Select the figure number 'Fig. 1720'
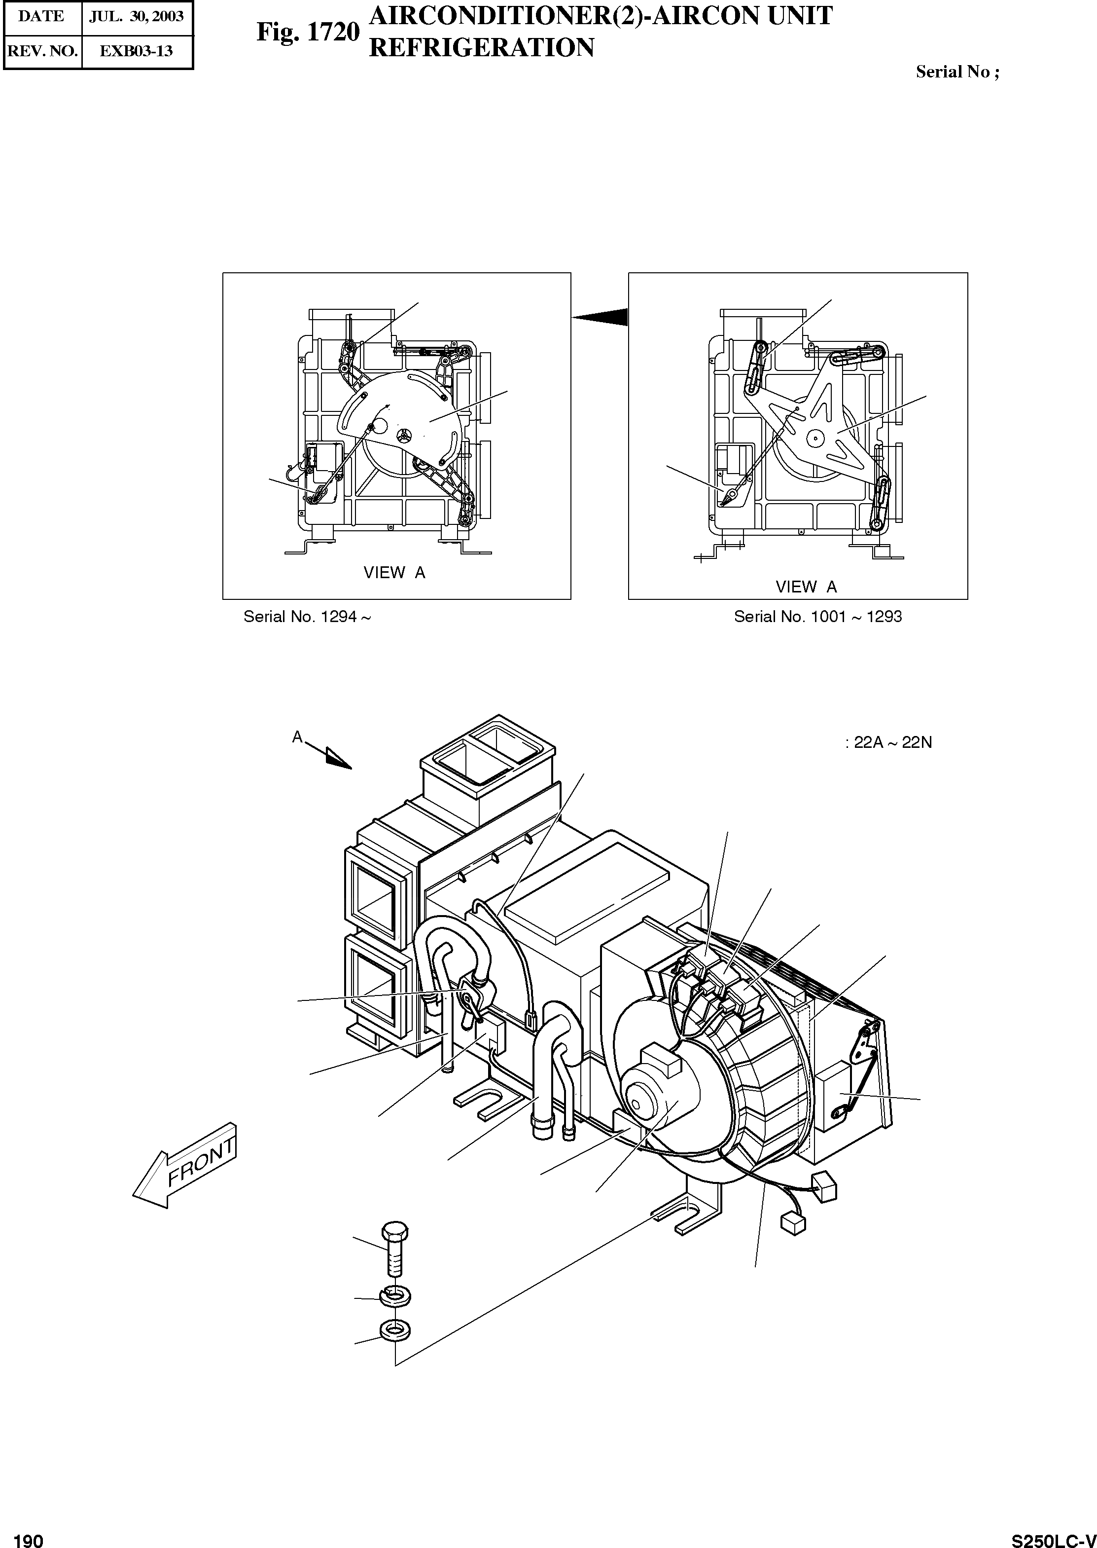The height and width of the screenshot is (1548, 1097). click(307, 32)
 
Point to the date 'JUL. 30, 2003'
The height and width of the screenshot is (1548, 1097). click(137, 16)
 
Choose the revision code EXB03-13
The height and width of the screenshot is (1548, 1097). click(137, 51)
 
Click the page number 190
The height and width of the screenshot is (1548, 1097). click(29, 1535)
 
